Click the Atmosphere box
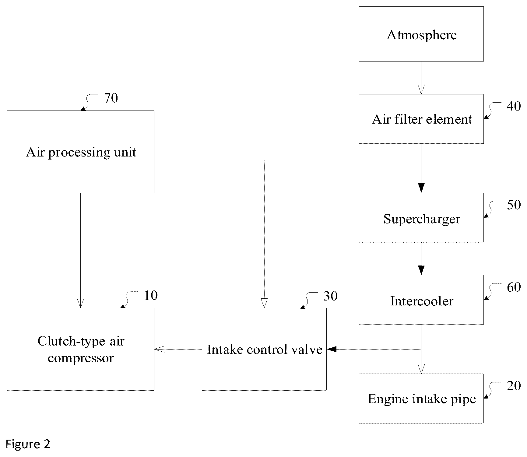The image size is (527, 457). (421, 34)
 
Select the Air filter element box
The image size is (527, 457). (421, 119)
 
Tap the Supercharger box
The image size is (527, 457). (421, 217)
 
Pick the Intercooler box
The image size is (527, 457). (421, 300)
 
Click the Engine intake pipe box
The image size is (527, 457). (421, 398)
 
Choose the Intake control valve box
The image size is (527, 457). (264, 349)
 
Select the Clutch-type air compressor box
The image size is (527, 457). (80, 349)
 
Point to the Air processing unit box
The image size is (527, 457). (80, 152)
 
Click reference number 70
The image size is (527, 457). (111, 98)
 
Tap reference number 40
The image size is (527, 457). (514, 106)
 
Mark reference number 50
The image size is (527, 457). (514, 205)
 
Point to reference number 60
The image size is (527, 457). (514, 287)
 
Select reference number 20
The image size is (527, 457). (514, 386)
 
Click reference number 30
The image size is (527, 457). (330, 296)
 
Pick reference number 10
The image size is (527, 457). (151, 295)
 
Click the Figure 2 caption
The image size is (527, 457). (28, 444)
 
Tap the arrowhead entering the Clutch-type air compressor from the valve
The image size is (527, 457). (159, 349)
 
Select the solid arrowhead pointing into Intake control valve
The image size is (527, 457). (331, 349)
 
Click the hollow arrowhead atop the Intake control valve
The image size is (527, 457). (264, 303)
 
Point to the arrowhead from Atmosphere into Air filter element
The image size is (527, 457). (421, 90)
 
